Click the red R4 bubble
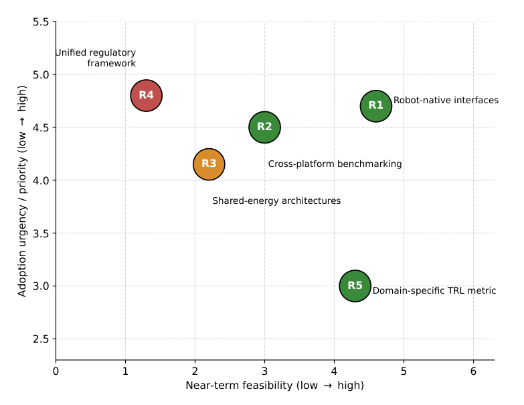pyautogui.click(x=147, y=95)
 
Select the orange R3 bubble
pyautogui.click(x=209, y=164)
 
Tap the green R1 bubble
pyautogui.click(x=376, y=106)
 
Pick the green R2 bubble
pyautogui.click(x=264, y=127)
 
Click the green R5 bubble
pyautogui.click(x=355, y=286)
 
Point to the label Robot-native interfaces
pyautogui.click(x=446, y=100)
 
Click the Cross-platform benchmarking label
pyautogui.click(x=335, y=164)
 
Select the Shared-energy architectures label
pyautogui.click(x=276, y=200)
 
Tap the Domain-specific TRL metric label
pyautogui.click(x=434, y=290)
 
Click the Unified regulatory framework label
pyautogui.click(x=96, y=58)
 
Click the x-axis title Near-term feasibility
pyautogui.click(x=274, y=386)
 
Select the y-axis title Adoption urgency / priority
pyautogui.click(x=21, y=191)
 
